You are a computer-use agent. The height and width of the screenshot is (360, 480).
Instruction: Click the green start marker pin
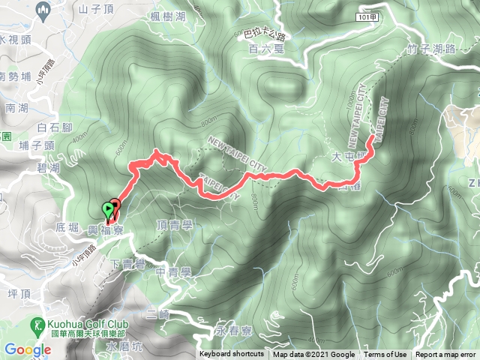click(x=109, y=210)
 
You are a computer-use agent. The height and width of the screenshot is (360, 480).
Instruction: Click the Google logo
click(x=27, y=349)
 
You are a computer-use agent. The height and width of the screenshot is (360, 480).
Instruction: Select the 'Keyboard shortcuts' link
click(x=232, y=355)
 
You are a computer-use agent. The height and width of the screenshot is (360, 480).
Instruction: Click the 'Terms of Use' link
click(x=385, y=355)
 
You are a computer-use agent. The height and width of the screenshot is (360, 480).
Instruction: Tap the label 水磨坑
click(x=124, y=346)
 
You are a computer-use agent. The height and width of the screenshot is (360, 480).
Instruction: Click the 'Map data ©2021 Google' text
click(x=313, y=355)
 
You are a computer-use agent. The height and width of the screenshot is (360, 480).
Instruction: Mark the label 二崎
click(x=158, y=315)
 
